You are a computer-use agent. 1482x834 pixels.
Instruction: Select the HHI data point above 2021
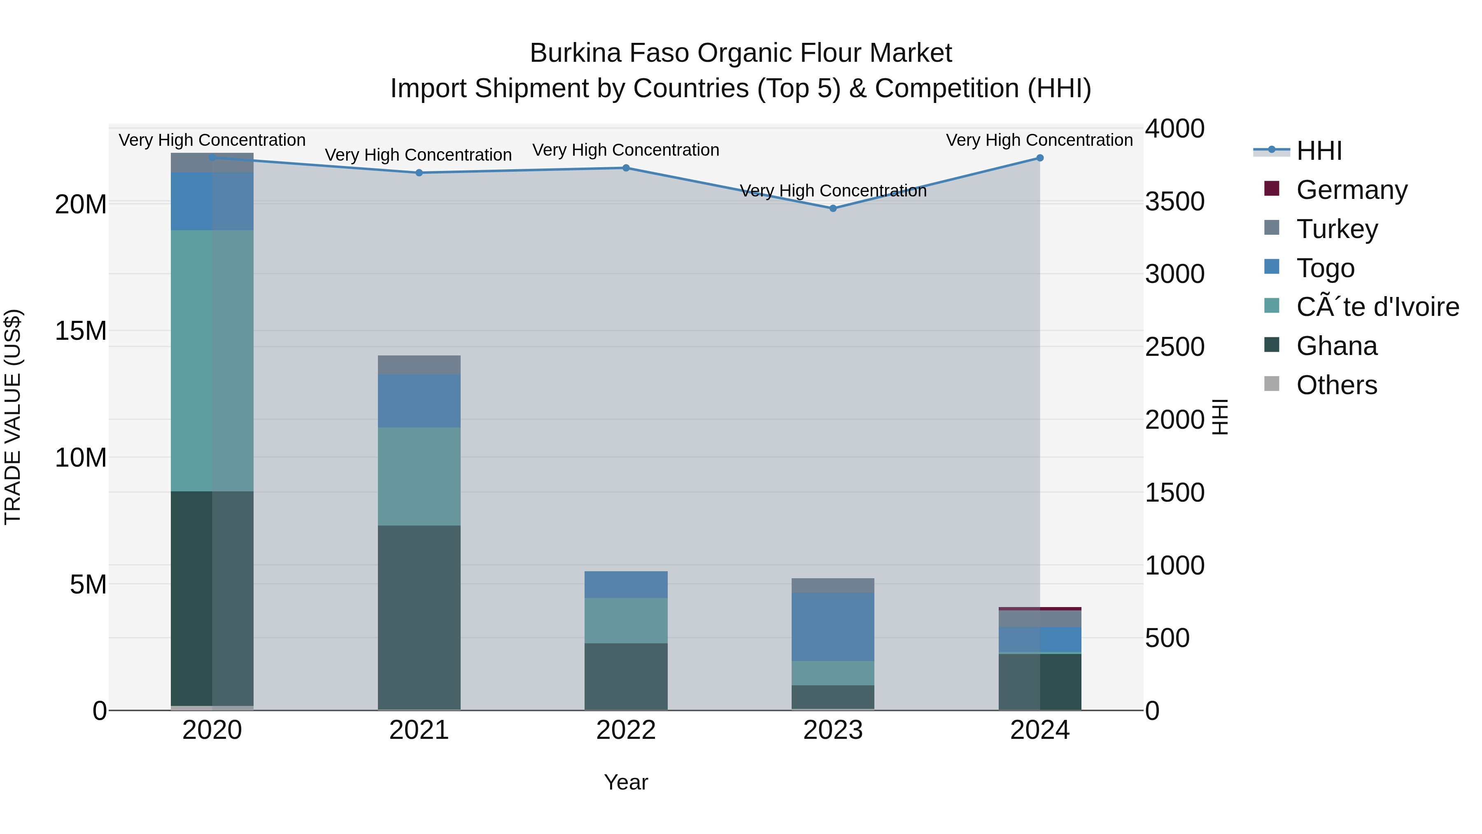(419, 173)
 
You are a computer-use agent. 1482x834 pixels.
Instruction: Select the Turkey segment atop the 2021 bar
(419, 365)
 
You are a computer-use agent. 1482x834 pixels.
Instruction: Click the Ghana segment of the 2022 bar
(626, 676)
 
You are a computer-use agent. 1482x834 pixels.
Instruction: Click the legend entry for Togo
(1325, 268)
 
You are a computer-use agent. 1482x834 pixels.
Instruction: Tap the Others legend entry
(1336, 385)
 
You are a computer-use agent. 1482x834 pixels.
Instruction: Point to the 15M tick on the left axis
(81, 331)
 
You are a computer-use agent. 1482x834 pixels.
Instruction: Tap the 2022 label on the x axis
(626, 730)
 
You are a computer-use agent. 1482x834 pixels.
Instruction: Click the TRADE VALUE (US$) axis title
(13, 417)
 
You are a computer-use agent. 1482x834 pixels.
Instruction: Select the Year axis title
(626, 782)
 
